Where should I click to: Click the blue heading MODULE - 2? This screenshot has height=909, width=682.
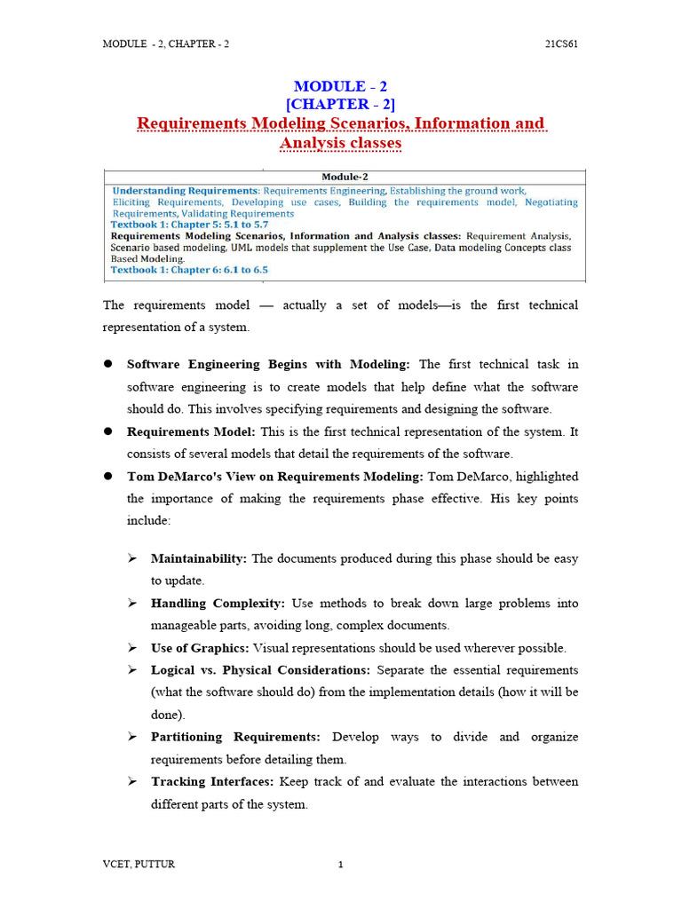tap(340, 86)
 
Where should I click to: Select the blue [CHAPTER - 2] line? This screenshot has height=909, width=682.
tap(340, 104)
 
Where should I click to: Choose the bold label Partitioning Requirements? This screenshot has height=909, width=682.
tap(235, 737)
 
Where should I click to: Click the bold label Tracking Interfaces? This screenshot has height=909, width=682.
tap(213, 781)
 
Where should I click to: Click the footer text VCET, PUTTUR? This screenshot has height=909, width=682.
tap(139, 865)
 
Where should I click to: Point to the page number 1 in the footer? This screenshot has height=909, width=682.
tap(340, 866)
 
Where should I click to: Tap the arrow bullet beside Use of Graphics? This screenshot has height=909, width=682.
tap(131, 648)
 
